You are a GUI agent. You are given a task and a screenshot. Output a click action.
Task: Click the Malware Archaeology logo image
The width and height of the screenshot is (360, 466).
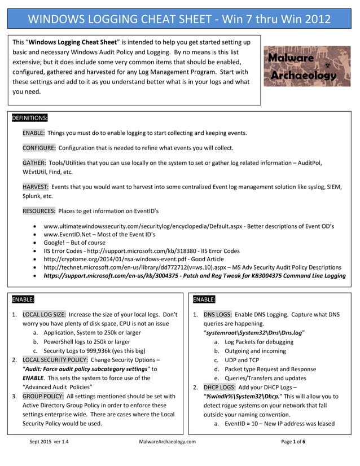[307, 66]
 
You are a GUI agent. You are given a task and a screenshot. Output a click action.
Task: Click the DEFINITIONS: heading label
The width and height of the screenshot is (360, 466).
[30, 118]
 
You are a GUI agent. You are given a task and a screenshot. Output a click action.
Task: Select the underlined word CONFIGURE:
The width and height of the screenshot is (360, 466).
[39, 148]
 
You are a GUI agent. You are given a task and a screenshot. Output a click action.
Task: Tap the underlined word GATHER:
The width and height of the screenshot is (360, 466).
[34, 162]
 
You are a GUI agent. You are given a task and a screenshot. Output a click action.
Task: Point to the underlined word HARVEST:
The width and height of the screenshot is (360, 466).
[36, 187]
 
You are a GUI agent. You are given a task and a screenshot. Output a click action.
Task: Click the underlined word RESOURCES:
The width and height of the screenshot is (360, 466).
[38, 211]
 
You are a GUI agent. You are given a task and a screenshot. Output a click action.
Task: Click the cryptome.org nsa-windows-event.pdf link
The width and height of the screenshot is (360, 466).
[113, 259]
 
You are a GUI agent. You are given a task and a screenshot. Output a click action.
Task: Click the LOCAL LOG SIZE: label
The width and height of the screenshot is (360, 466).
[44, 314]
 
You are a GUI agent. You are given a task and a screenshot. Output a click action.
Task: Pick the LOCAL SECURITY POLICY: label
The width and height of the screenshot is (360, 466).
[55, 359]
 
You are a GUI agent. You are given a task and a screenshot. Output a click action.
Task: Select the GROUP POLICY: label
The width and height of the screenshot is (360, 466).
[43, 396]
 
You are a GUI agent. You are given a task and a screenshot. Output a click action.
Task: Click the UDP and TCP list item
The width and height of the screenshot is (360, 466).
[242, 360]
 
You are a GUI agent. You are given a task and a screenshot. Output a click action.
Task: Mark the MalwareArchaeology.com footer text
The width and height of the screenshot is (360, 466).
[167, 442]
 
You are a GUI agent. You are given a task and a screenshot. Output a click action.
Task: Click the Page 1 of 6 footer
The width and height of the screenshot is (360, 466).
[293, 442]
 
